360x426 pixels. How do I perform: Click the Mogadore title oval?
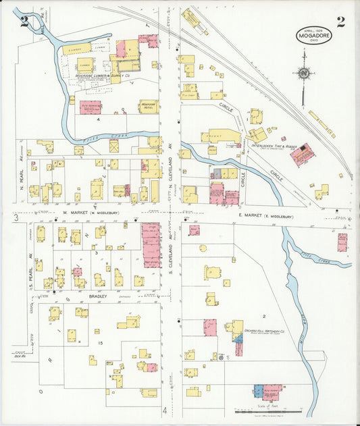tap(313, 36)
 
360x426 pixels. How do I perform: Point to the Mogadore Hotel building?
tap(149, 106)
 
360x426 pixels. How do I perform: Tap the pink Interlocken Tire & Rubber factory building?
tap(302, 155)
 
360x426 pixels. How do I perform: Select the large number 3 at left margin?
tap(15, 217)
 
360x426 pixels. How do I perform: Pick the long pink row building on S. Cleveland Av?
tap(151, 244)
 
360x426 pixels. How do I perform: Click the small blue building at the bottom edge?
tap(258, 391)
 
